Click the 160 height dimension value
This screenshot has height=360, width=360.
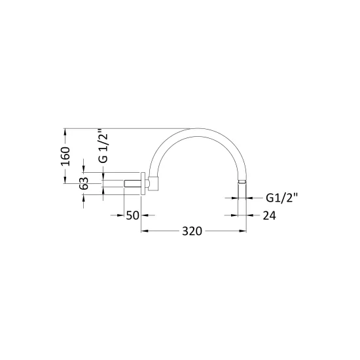pyautogui.click(x=65, y=156)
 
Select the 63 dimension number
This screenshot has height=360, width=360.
pyautogui.click(x=84, y=183)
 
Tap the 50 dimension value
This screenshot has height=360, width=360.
pyautogui.click(x=132, y=215)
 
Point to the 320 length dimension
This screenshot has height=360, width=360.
pyautogui.click(x=192, y=231)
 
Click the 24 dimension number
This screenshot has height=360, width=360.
pyautogui.click(x=269, y=215)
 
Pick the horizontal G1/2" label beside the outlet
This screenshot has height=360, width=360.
pyautogui.click(x=281, y=198)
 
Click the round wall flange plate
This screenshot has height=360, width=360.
pyautogui.click(x=143, y=183)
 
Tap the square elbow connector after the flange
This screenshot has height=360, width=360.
pyautogui.click(x=153, y=184)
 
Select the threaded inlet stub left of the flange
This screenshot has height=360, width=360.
pyautogui.click(x=132, y=183)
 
